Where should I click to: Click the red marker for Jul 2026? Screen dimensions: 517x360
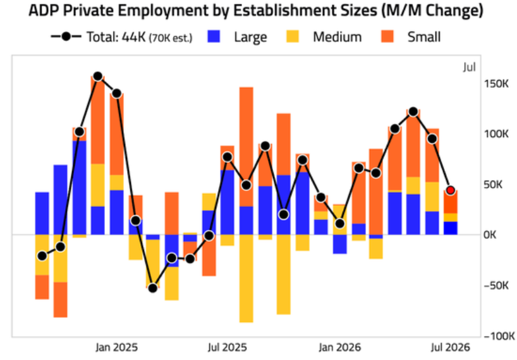pos(451,190)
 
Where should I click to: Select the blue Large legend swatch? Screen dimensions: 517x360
pos(214,37)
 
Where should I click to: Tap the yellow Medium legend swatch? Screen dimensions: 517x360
pos(293,37)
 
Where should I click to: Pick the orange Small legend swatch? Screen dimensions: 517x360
pos(387,37)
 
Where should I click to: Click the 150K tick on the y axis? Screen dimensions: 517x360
pos(496,83)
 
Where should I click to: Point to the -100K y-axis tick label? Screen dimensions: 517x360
pos(499,336)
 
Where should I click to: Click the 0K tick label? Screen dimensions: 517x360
pos(490,235)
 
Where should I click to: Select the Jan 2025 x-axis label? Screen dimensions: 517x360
pos(117,347)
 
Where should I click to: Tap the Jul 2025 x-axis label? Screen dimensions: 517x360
pos(228,347)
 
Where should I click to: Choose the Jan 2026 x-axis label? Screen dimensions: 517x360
pos(340,347)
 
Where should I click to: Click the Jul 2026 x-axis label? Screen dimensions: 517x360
pos(451,347)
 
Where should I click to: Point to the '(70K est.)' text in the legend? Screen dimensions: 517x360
pos(171,38)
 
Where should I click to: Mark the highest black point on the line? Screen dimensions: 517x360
pos(97,76)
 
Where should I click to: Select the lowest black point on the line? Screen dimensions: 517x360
pos(153,288)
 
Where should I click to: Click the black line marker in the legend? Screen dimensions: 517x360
pos(66,37)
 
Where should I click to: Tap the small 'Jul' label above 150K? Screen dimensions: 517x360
pos(469,67)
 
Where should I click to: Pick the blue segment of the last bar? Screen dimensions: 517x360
pos(451,228)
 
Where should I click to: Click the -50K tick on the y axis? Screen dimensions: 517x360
pos(496,285)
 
